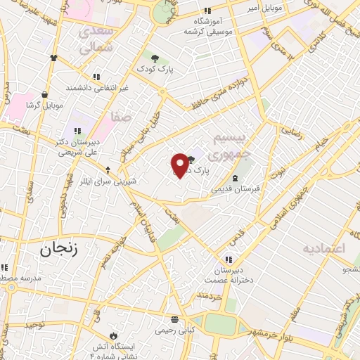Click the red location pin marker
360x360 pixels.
181,165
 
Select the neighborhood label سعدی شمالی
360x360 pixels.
96,40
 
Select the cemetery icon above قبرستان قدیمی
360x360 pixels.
236,178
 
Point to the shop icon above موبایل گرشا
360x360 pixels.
45,94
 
